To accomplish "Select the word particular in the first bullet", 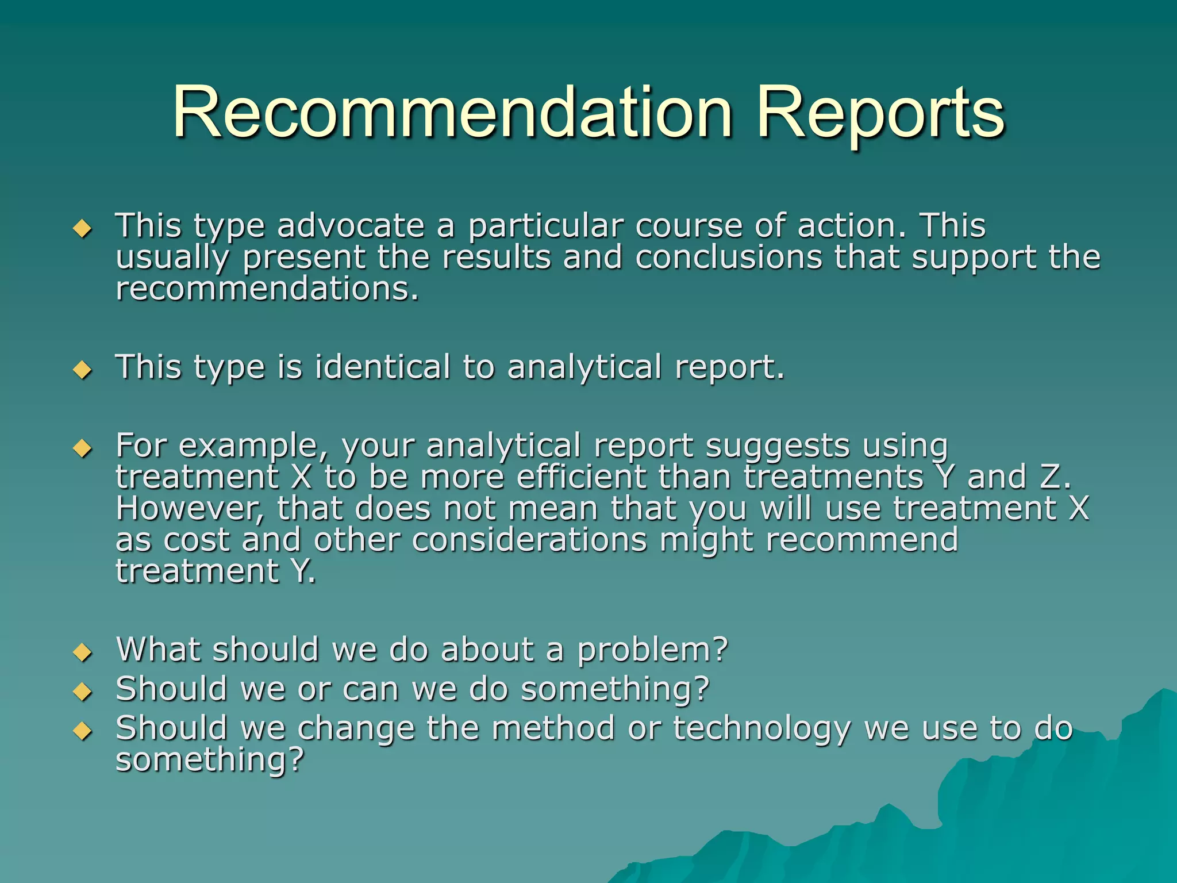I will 545,226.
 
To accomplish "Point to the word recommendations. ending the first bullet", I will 267,289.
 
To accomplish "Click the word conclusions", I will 729,257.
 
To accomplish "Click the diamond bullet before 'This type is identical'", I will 83,370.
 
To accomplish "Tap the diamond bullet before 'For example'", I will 83,448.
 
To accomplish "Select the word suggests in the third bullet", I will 777,446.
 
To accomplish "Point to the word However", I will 190,509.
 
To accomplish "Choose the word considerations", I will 529,540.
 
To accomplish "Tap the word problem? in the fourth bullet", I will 652,650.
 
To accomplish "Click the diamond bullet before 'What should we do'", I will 83,652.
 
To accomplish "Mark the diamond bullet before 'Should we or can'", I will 83,692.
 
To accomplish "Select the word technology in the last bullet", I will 762,729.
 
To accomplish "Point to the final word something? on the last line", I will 209,760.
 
